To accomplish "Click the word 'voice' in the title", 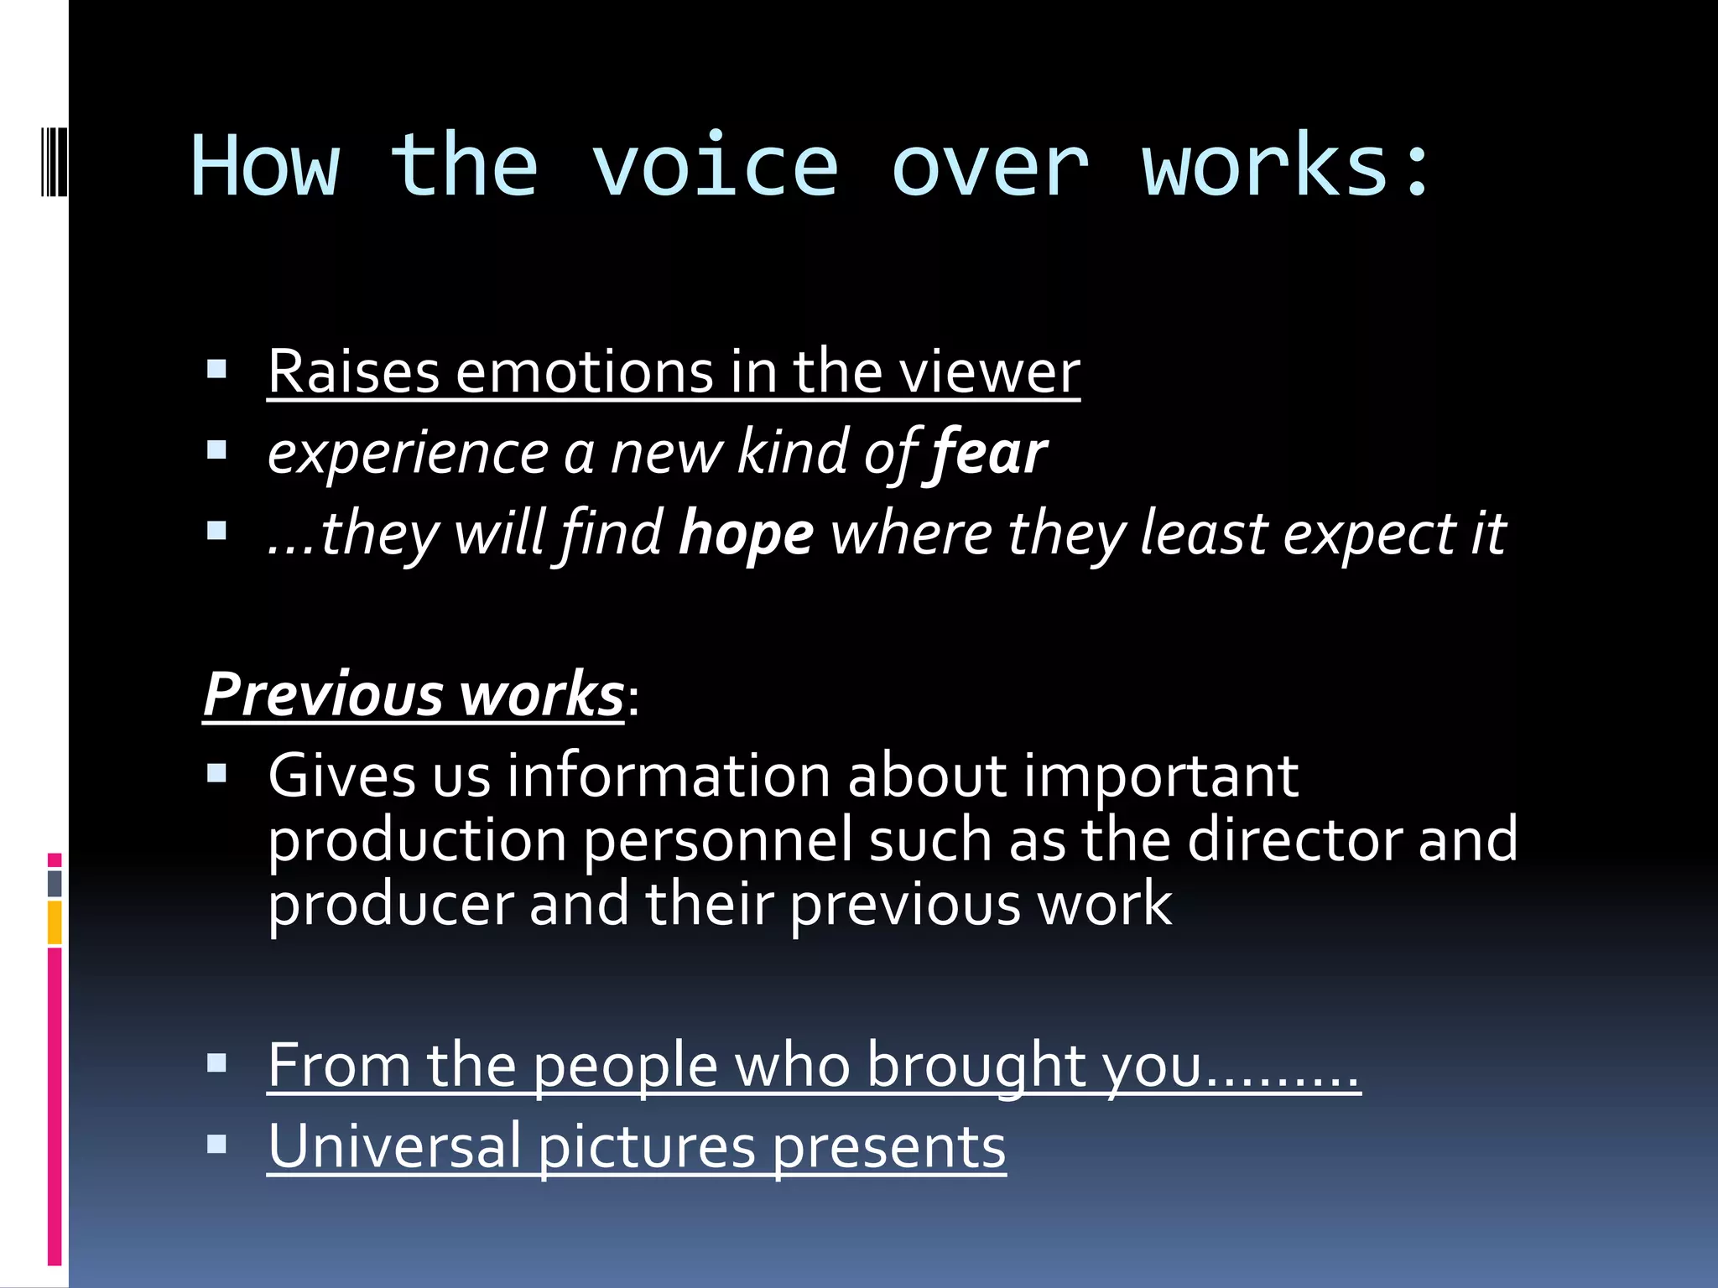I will tap(715, 167).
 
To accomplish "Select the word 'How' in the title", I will tap(265, 167).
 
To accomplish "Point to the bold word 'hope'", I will tap(746, 534).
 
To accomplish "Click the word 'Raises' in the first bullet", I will tap(353, 371).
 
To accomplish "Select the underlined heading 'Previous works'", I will tap(414, 694).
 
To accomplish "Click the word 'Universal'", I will tap(394, 1146).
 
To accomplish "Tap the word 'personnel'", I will tap(718, 839).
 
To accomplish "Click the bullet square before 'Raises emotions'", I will tap(216, 370).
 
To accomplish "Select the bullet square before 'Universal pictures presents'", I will tap(216, 1145).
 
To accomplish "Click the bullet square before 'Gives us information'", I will tap(216, 772).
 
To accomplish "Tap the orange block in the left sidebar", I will tap(55, 922).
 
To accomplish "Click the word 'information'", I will tap(669, 776).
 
